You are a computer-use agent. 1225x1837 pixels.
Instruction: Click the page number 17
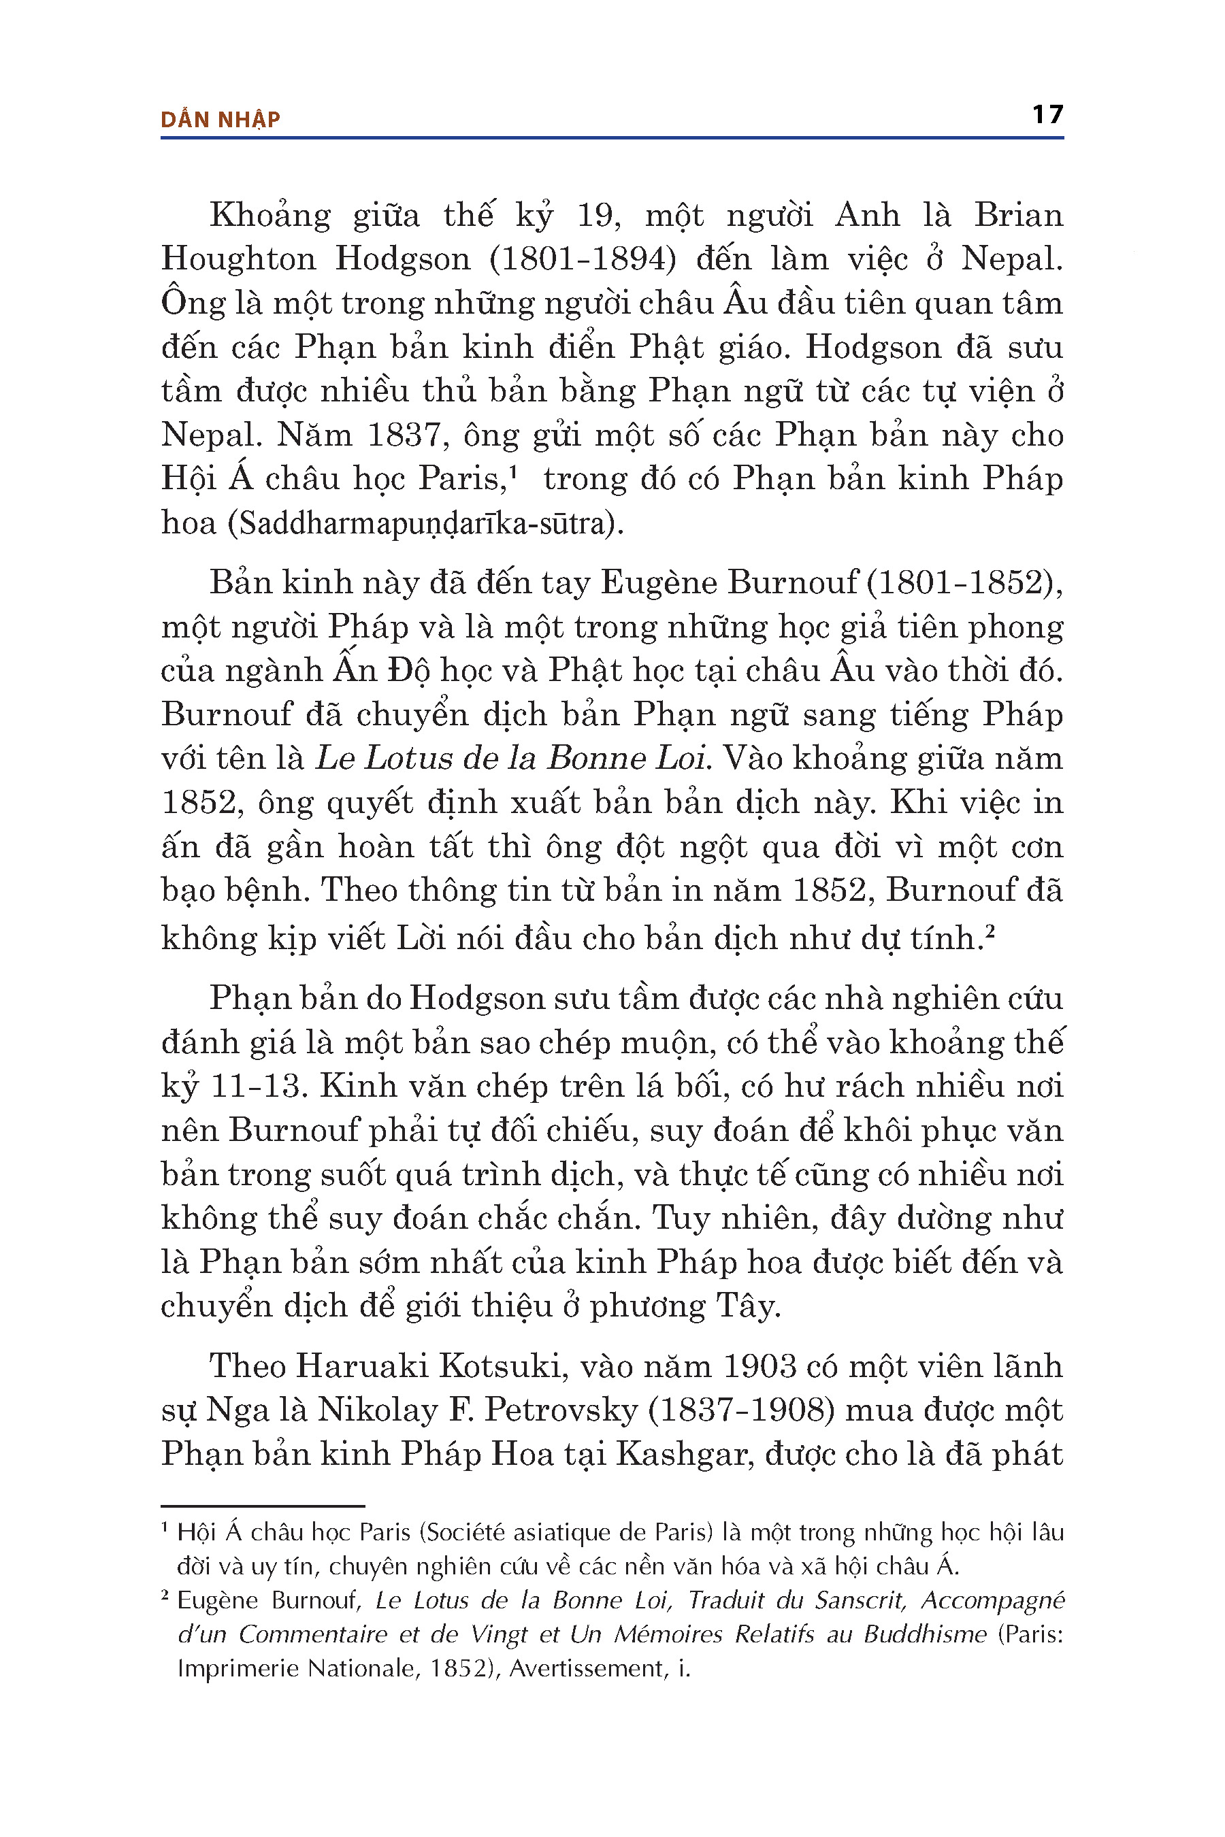pyautogui.click(x=1047, y=115)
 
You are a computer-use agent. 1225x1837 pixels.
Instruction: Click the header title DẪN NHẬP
pyautogui.click(x=220, y=120)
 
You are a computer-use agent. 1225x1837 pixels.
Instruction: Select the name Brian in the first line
pyautogui.click(x=1018, y=216)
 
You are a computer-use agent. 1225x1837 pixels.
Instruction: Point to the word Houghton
pyautogui.click(x=238, y=259)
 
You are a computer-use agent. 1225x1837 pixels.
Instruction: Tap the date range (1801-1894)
pyautogui.click(x=583, y=259)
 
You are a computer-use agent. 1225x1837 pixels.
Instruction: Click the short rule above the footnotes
pyautogui.click(x=263, y=1505)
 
